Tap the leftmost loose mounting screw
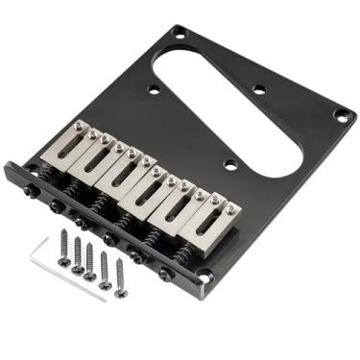(x=63, y=247)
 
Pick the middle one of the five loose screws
(x=90, y=260)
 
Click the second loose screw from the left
(x=77, y=253)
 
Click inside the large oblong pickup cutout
(x=230, y=106)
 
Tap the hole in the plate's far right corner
(x=339, y=114)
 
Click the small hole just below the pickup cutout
(x=229, y=165)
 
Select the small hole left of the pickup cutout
(x=154, y=90)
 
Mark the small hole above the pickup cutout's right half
(x=258, y=90)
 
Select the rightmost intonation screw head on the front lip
(x=169, y=276)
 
